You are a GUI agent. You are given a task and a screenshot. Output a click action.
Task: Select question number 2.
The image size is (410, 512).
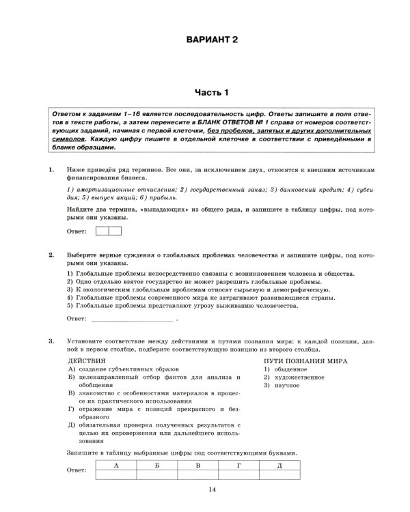51,255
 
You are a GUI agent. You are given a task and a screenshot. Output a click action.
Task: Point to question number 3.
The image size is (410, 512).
51,340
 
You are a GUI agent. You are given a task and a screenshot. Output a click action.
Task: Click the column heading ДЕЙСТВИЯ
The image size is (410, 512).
87,360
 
